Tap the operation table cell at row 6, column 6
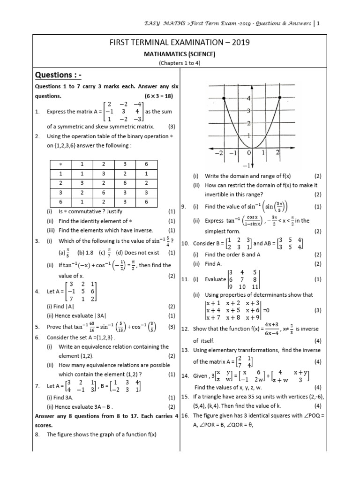pyautogui.click(x=147, y=202)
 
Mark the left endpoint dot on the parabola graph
pyautogui.click(x=224, y=98)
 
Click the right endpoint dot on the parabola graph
pyautogui.click(x=280, y=98)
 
